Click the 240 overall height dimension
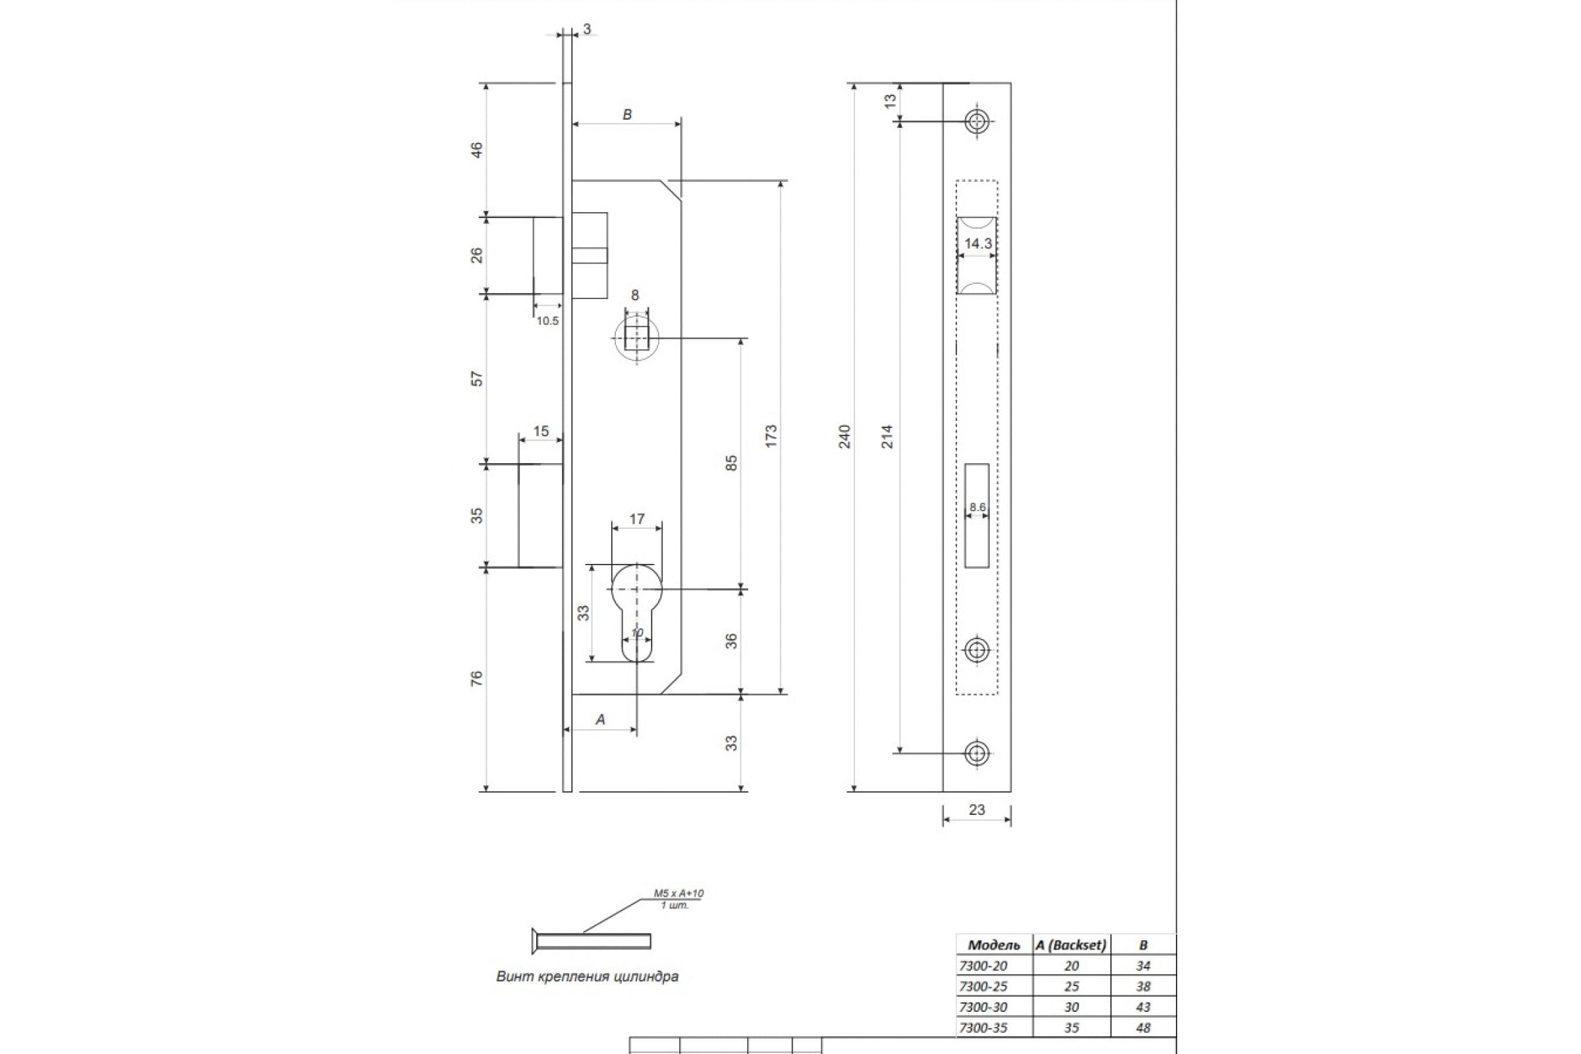pos(846,437)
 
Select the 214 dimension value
pos(887,437)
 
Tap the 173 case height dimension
pos(771,436)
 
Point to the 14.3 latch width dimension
pos(978,243)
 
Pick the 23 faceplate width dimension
pos(977,810)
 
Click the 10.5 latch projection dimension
pos(547,321)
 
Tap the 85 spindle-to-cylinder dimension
pos(731,463)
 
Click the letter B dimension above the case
pos(627,115)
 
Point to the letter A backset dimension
pos(600,720)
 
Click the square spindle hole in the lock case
pos(636,338)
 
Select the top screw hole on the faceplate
pos(977,122)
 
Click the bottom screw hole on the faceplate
pos(977,754)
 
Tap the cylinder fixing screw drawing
pos(591,941)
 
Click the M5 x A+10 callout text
pos(679,893)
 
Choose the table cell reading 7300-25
pos(984,986)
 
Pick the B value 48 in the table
pos(1143,1027)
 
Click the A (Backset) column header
pos(1071,945)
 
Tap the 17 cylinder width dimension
pos(636,519)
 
